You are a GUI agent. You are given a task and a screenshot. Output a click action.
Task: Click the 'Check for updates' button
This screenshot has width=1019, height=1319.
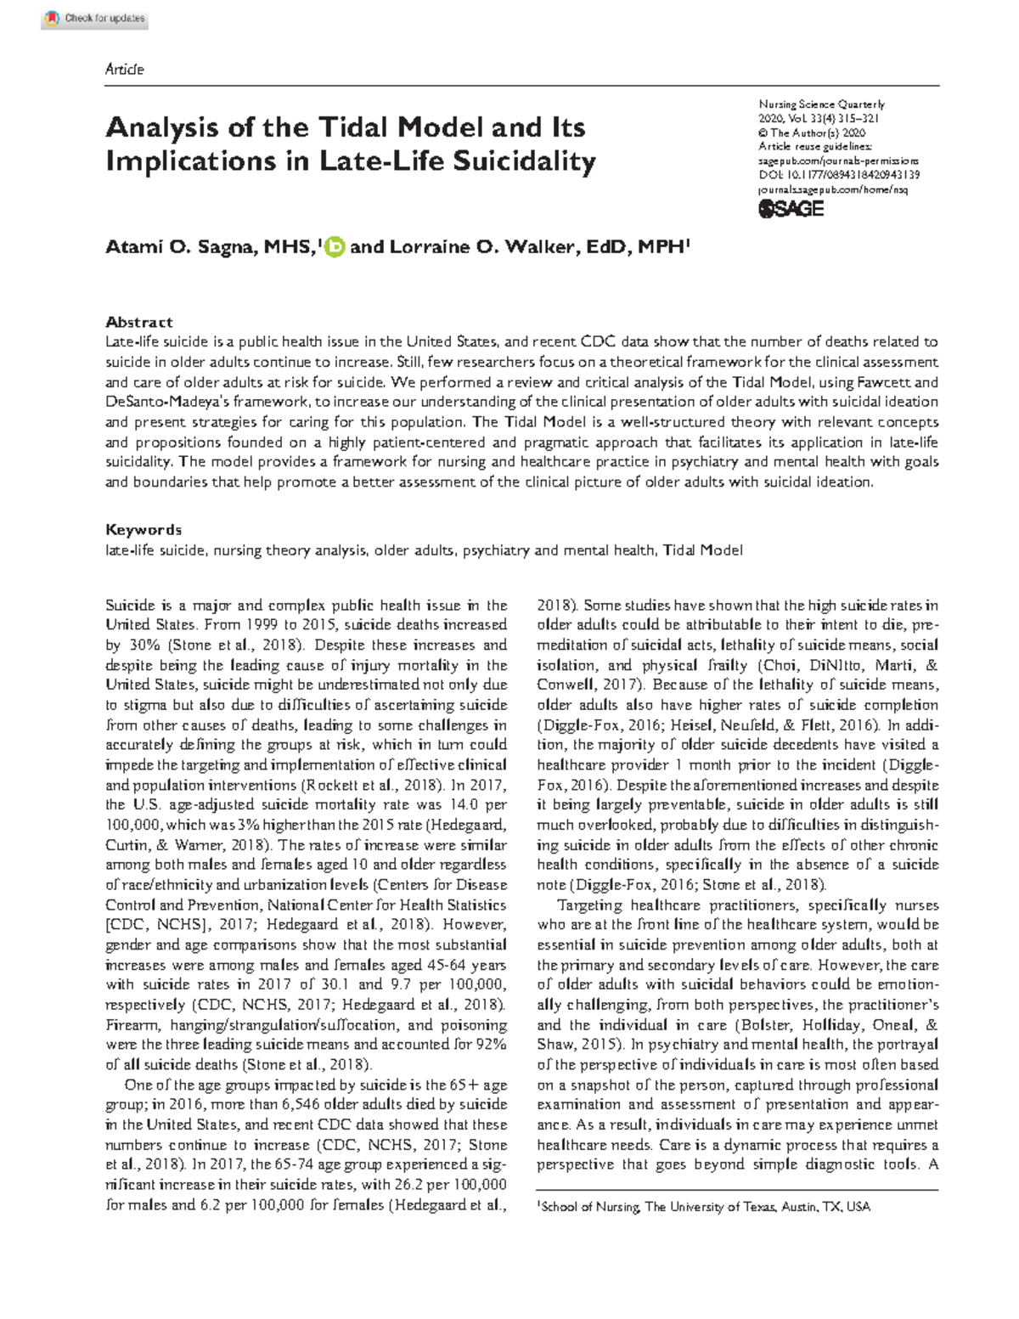click(95, 19)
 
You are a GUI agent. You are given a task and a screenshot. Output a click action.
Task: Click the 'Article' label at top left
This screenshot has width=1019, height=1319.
click(124, 70)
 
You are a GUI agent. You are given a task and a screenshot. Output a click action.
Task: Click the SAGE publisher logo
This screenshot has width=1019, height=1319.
click(791, 208)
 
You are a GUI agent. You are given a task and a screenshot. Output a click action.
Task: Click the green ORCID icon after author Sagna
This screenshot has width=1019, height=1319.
click(335, 247)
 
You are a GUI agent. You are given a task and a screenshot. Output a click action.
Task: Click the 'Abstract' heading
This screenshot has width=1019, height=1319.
click(138, 322)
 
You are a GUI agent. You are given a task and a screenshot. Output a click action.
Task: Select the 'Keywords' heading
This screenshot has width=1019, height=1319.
click(143, 529)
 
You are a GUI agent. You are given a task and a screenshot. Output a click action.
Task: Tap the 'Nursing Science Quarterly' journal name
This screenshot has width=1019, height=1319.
click(821, 104)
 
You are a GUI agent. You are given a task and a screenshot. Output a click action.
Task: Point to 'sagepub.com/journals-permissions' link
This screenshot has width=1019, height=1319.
click(837, 161)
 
